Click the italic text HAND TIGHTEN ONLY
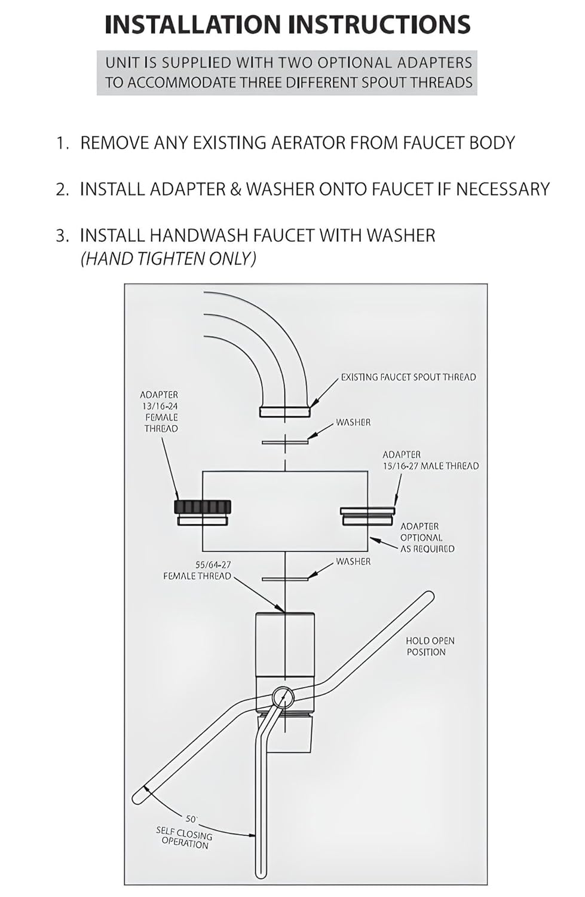tap(169, 258)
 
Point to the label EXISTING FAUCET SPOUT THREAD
tap(408, 377)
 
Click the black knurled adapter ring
tap(203, 507)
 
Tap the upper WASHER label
tap(353, 422)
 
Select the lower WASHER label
tap(353, 562)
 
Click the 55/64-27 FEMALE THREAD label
tap(197, 570)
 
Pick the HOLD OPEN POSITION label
tap(430, 646)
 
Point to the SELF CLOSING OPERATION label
tap(184, 837)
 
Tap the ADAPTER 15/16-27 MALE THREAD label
tap(430, 460)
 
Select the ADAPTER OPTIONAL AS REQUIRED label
tap(427, 537)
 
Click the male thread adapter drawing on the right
tap(367, 515)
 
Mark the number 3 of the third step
tap(62, 236)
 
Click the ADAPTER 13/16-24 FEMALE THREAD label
tap(159, 411)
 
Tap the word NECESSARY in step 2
tap(503, 189)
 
